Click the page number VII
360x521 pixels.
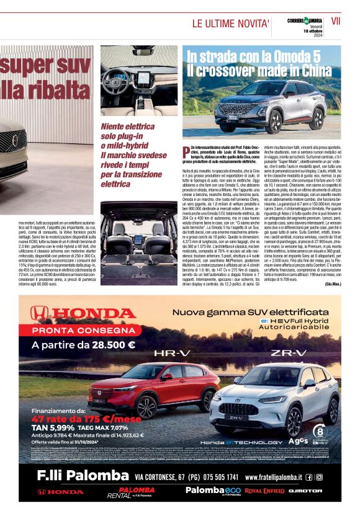[336, 21]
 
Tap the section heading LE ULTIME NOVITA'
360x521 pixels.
[230, 24]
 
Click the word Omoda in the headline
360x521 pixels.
[284, 57]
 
